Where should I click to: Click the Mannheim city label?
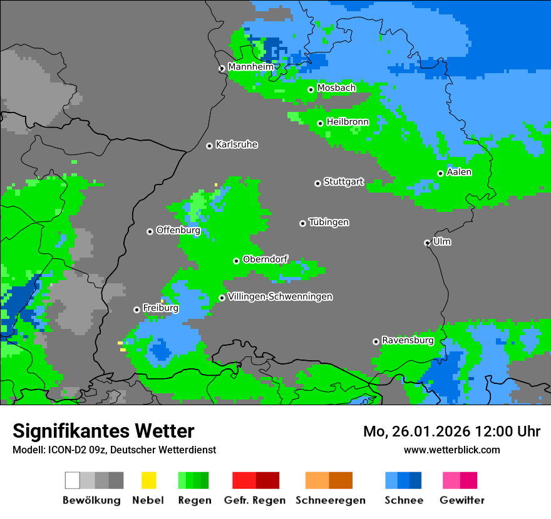(250, 67)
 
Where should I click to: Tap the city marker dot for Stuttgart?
(317, 183)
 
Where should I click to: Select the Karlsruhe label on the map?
(236, 144)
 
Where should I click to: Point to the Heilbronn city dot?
(320, 123)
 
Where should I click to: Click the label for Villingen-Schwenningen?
(280, 296)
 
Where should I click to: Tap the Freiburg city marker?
(136, 310)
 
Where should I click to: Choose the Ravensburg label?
(408, 340)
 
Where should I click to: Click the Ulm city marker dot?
(427, 243)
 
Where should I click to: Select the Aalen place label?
(459, 172)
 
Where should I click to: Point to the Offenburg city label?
(178, 230)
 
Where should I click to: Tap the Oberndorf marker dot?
(236, 261)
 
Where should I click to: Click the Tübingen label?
(329, 222)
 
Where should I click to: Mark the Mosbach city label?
(336, 88)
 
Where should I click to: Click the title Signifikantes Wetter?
(103, 431)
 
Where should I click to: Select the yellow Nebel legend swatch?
(148, 480)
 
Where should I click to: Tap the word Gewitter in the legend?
(461, 500)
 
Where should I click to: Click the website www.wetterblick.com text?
(451, 450)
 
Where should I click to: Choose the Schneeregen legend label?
(330, 500)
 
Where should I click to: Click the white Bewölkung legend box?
(73, 480)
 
